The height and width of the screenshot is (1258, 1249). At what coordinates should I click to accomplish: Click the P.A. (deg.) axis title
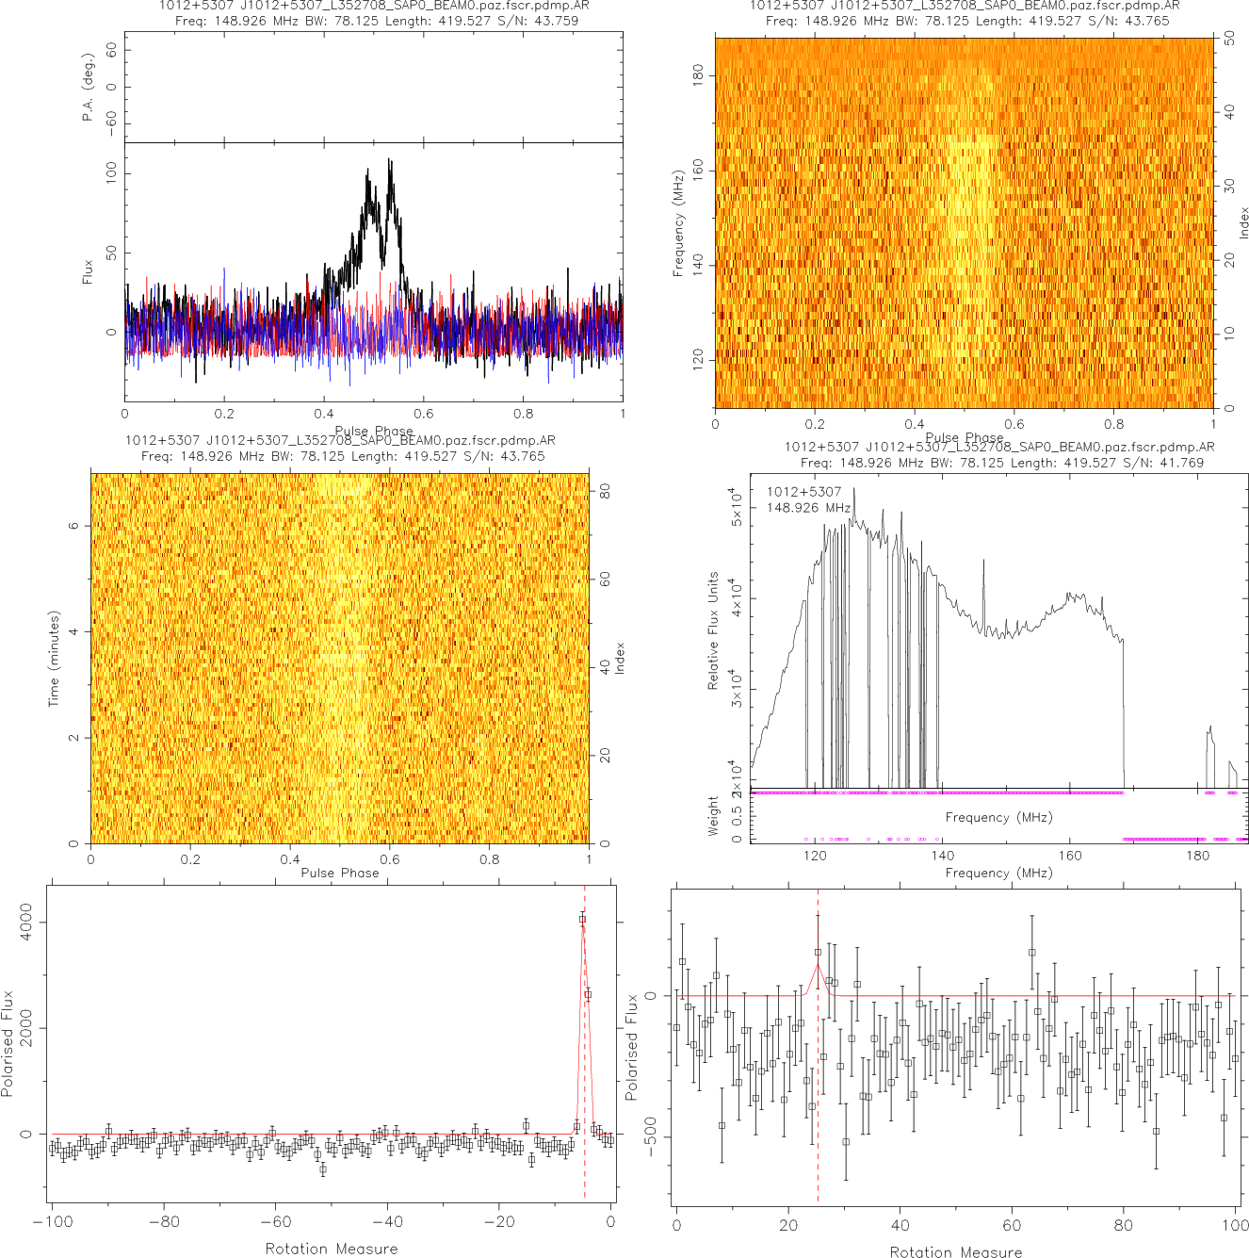[x=88, y=87]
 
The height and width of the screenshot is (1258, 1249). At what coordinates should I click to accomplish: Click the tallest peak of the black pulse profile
[x=389, y=161]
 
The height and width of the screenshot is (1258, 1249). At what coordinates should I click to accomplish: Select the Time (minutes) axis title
[x=54, y=659]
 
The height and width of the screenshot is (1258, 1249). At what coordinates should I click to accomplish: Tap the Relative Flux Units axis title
[x=713, y=630]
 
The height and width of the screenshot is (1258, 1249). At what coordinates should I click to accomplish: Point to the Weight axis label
[x=713, y=815]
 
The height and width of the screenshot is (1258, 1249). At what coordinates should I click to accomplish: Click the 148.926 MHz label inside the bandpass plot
[x=808, y=508]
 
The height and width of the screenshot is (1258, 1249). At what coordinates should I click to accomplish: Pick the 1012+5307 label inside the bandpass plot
[x=803, y=492]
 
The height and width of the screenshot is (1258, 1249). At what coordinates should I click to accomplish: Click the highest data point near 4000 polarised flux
[x=582, y=919]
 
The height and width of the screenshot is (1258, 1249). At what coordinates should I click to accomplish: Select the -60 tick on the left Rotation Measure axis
[x=275, y=1222]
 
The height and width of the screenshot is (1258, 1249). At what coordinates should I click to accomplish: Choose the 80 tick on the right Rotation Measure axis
[x=1124, y=1225]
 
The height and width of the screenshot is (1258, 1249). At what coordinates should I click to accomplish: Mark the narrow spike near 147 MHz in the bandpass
[x=984, y=562]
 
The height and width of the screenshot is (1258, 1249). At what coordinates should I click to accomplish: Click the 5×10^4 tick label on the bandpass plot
[x=738, y=506]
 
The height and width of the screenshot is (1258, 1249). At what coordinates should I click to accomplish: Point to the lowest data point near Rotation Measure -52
[x=322, y=1169]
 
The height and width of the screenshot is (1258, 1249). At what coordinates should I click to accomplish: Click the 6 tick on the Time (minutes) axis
[x=73, y=525]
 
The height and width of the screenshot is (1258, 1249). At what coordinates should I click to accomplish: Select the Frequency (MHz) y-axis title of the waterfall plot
[x=677, y=223]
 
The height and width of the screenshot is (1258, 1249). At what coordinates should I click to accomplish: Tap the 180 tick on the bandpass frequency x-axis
[x=1197, y=856]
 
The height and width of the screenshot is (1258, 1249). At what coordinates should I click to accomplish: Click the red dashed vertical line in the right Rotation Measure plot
[x=818, y=1084]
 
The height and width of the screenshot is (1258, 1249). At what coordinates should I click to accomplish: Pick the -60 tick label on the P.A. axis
[x=111, y=122]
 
